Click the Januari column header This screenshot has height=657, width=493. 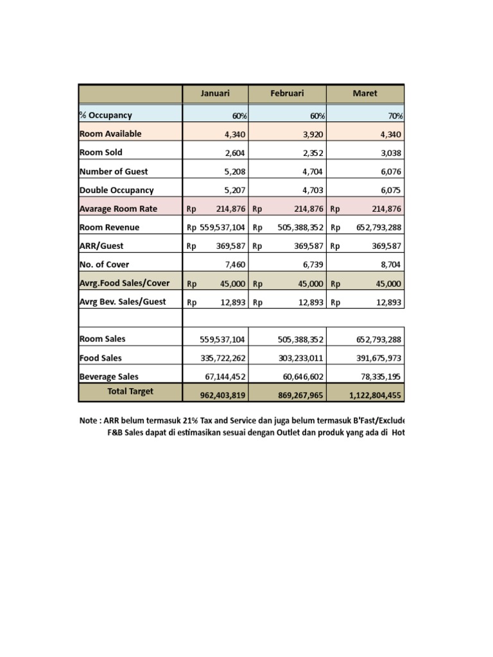pyautogui.click(x=215, y=93)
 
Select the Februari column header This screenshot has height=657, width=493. pyautogui.click(x=287, y=93)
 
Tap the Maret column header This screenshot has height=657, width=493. pyautogui.click(x=365, y=93)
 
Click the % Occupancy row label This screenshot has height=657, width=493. pyautogui.click(x=106, y=115)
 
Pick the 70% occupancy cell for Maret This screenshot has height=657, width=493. pyautogui.click(x=395, y=116)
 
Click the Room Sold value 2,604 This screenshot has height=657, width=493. pyautogui.click(x=234, y=153)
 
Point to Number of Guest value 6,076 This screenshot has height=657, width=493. pyautogui.click(x=390, y=171)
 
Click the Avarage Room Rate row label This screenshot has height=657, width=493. pyautogui.click(x=118, y=209)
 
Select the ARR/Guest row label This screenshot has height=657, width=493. pyautogui.click(x=101, y=246)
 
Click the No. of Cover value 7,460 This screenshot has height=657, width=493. pyautogui.click(x=234, y=264)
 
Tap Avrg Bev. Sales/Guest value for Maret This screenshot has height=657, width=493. pyautogui.click(x=388, y=302)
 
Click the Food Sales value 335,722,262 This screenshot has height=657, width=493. pyautogui.click(x=224, y=358)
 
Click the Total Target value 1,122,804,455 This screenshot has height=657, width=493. pyautogui.click(x=376, y=396)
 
